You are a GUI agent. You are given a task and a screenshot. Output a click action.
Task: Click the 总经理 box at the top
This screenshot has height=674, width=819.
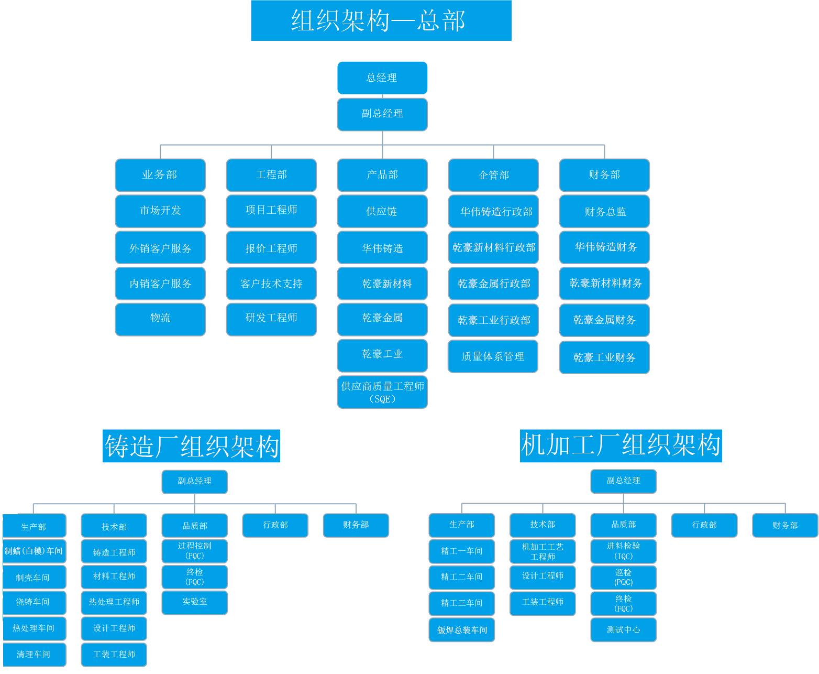pyautogui.click(x=382, y=78)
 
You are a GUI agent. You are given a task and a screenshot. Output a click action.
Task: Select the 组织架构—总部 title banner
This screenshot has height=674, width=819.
pyautogui.click(x=381, y=21)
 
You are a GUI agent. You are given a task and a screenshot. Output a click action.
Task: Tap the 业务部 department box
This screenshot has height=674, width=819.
pyautogui.click(x=160, y=175)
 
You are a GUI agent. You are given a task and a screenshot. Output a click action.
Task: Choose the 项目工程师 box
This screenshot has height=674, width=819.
pyautogui.click(x=271, y=211)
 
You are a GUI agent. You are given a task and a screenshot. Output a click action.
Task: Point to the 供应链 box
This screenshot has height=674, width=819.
pyautogui.click(x=382, y=212)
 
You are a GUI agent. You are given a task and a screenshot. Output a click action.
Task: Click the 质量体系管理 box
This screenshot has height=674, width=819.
pyautogui.click(x=493, y=357)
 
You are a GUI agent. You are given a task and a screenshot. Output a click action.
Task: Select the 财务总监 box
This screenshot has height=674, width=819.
pyautogui.click(x=605, y=212)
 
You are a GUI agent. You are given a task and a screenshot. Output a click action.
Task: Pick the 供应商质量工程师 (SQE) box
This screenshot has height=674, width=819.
pyautogui.click(x=382, y=392)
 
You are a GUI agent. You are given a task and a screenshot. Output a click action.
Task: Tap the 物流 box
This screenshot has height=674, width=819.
pyautogui.click(x=160, y=319)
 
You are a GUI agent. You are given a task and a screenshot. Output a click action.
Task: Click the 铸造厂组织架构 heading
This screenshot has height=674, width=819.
pyautogui.click(x=192, y=447)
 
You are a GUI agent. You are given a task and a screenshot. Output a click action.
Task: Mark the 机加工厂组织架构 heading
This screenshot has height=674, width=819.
pyautogui.click(x=621, y=446)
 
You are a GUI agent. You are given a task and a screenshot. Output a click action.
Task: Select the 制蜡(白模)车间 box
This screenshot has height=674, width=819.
pyautogui.click(x=34, y=551)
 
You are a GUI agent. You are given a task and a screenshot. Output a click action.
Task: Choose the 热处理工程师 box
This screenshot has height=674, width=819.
pyautogui.click(x=114, y=602)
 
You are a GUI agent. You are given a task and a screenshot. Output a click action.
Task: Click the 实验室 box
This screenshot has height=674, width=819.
pyautogui.click(x=195, y=602)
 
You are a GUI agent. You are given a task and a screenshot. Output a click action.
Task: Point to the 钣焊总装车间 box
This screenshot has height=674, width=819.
pyautogui.click(x=462, y=630)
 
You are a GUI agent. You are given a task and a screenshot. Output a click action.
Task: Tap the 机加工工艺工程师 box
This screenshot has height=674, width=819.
pyautogui.click(x=543, y=551)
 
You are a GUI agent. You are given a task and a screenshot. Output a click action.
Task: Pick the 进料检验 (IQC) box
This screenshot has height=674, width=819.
pyautogui.click(x=623, y=551)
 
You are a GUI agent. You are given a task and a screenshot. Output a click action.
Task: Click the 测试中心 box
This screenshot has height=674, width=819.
pyautogui.click(x=623, y=630)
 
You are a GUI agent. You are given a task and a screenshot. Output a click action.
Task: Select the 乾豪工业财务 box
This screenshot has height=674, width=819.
pyautogui.click(x=604, y=357)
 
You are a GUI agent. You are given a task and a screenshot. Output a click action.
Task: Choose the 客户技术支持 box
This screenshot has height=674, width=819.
pyautogui.click(x=271, y=284)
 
